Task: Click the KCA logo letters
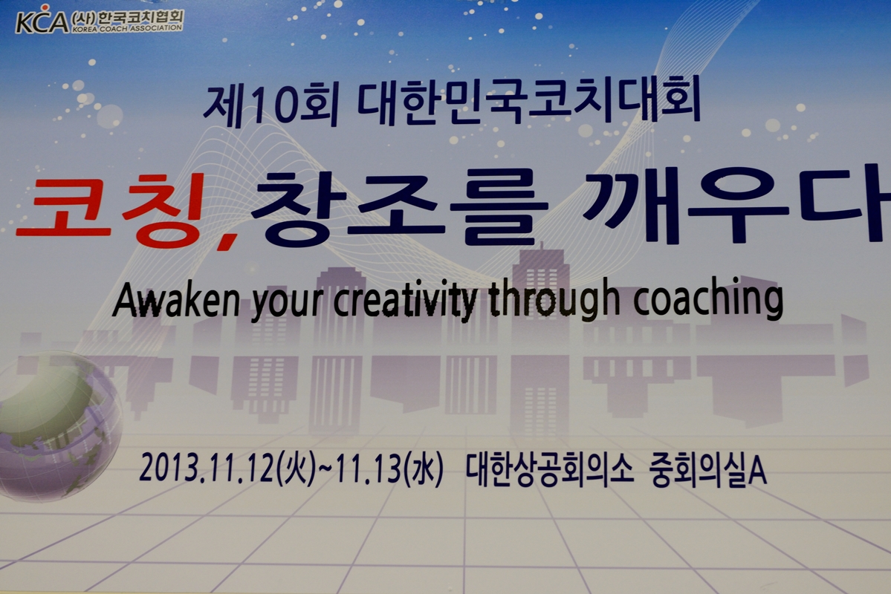tap(42, 20)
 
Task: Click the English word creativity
tap(405, 301)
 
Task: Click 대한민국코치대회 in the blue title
tap(529, 102)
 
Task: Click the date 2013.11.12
tap(207, 469)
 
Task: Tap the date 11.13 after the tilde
tap(369, 469)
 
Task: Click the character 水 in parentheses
tap(424, 470)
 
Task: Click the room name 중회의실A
tap(708, 470)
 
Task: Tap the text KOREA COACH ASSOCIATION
tap(127, 28)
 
